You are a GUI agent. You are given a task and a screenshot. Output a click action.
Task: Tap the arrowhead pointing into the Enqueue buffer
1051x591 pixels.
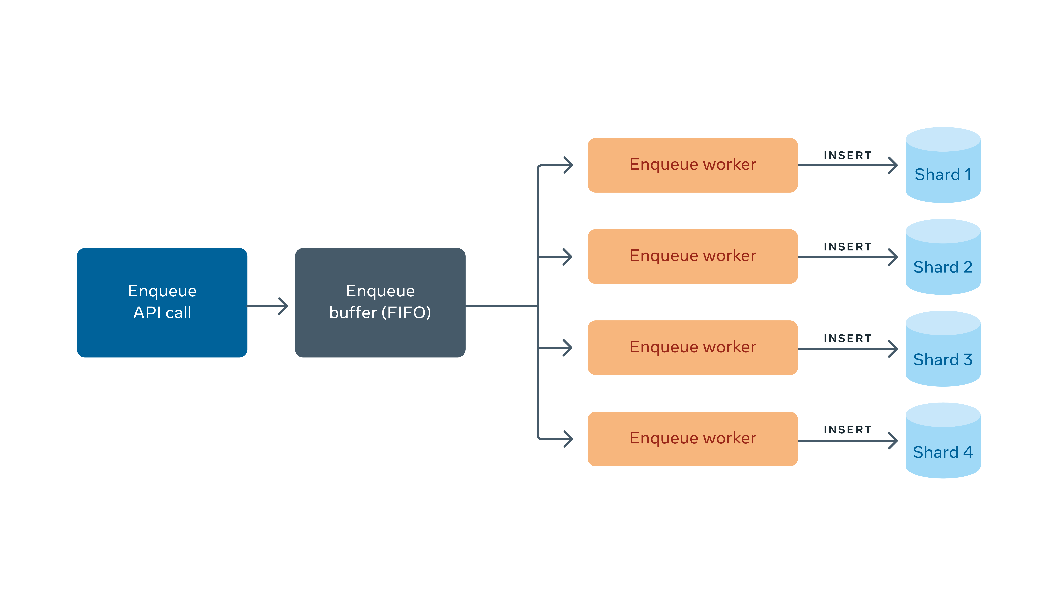click(283, 306)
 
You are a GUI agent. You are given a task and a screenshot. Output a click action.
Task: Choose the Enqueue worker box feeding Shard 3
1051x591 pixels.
click(692, 348)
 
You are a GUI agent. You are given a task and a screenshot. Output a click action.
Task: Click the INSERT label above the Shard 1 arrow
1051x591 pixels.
click(847, 155)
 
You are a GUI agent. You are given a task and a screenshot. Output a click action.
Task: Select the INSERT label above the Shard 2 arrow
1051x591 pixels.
click(847, 247)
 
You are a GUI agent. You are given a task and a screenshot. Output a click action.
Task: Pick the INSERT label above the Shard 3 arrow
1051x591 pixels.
click(847, 338)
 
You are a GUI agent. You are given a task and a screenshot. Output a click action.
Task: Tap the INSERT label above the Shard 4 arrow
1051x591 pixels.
click(847, 429)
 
